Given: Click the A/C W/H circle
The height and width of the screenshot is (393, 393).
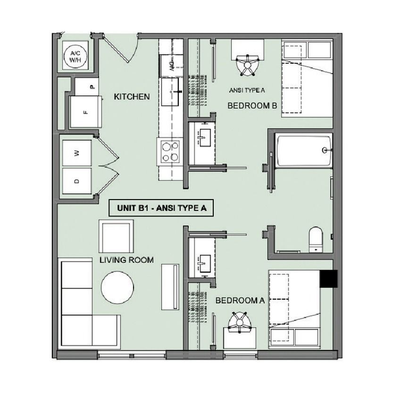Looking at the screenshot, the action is coord(75,57).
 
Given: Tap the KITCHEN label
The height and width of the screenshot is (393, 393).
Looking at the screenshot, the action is coord(132,97).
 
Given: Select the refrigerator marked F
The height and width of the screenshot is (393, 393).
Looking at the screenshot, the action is coord(86,112).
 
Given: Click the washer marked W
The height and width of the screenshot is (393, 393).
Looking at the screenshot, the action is coord(77,153).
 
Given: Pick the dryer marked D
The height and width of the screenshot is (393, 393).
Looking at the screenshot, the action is coord(77,181).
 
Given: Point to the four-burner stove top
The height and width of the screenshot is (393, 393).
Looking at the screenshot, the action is coord(170,151).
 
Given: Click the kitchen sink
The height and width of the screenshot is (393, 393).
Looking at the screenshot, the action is coord(170,92).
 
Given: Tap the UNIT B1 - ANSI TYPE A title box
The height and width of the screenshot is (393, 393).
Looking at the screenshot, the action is coord(161,208).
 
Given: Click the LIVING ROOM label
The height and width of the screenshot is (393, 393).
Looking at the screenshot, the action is coord(126,260).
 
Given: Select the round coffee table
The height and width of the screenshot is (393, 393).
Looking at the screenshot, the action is coord(117,287).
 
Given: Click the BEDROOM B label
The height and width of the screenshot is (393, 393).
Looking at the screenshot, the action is coord(252,106).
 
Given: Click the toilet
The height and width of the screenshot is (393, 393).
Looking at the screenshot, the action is coord(316,240).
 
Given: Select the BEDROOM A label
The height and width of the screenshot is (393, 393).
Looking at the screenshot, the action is coord(240,300).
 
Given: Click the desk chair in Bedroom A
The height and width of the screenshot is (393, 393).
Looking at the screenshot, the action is coord(240,322).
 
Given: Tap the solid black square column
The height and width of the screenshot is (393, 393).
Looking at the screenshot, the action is coord(328,278).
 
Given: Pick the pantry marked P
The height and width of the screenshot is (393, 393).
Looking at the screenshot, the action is coord(86,87).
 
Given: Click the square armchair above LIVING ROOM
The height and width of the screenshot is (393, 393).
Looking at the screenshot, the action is coord(116,236).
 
